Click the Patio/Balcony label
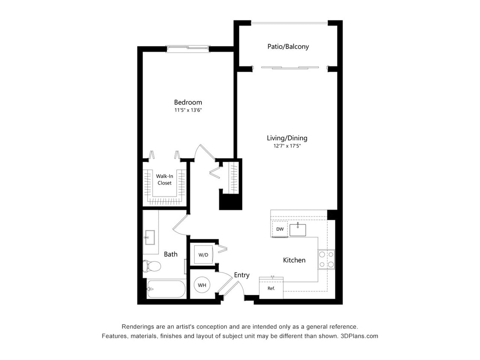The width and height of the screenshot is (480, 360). (288, 46)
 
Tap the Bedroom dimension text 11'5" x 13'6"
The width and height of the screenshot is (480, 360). (188, 110)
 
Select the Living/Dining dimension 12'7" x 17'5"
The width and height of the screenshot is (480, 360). (287, 146)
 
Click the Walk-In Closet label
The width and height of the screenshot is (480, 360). (164, 180)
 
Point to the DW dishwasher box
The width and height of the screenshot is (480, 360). (280, 229)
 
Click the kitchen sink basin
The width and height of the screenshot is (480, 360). (297, 230)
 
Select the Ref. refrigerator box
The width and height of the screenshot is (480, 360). (271, 288)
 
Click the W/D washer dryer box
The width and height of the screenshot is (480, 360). (204, 255)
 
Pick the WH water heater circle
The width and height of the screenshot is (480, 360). (202, 285)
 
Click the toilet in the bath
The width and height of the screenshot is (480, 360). (151, 266)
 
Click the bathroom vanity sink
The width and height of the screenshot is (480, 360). (150, 237)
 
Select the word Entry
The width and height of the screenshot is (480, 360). (241, 275)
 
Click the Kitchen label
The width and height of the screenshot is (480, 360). (294, 260)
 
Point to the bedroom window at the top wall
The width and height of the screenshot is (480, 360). (188, 47)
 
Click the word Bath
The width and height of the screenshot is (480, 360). (171, 254)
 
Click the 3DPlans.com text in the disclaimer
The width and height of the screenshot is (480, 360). (359, 336)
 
